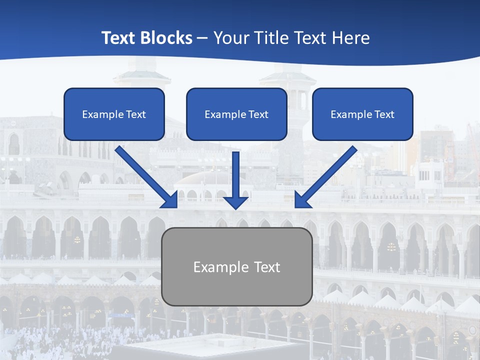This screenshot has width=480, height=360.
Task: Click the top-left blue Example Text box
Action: point(114,114)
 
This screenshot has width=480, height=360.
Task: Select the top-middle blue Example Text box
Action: point(236,114)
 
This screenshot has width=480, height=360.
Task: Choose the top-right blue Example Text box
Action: point(362,114)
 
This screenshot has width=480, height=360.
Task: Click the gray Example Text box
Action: point(236,266)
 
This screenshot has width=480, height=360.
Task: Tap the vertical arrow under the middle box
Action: point(235,175)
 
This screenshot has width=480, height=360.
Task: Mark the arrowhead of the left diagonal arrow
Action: point(170,200)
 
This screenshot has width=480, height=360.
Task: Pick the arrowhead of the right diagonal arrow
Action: point(302,200)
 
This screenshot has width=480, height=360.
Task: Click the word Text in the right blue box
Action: point(384,114)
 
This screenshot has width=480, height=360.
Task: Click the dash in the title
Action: point(203,38)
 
